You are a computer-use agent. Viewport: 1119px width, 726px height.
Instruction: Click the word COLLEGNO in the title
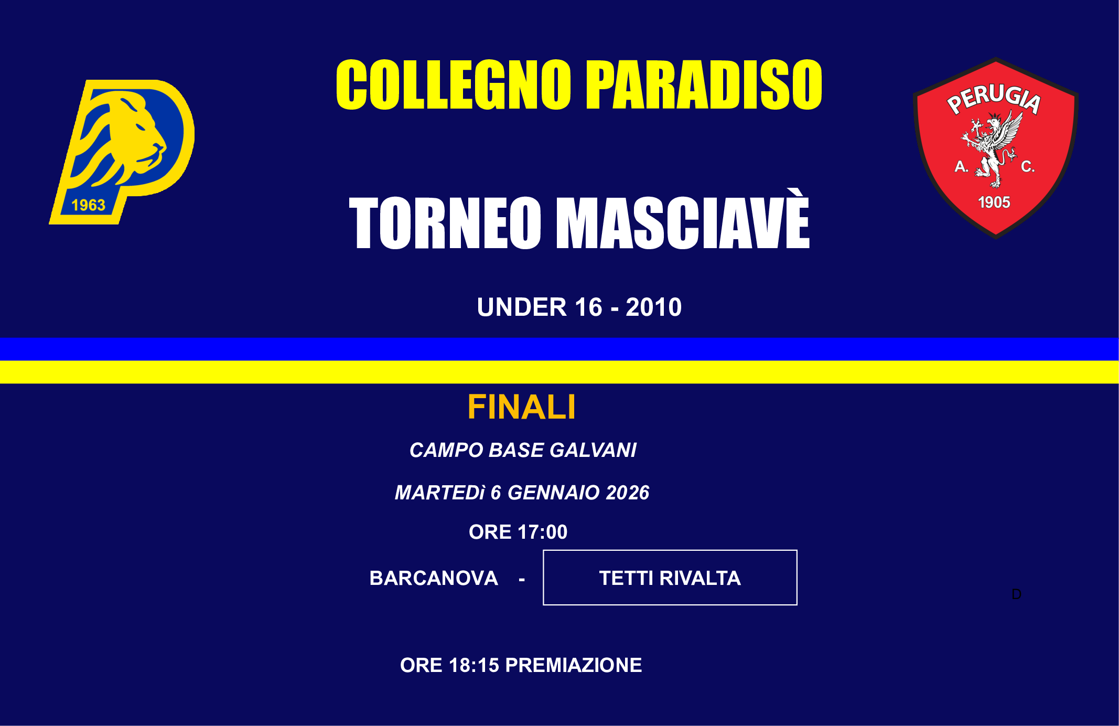tap(453, 85)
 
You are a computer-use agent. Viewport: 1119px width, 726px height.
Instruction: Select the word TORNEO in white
tap(445, 223)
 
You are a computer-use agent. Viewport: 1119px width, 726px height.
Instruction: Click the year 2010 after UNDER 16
tap(653, 307)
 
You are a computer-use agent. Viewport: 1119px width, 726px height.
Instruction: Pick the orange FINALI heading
tap(522, 408)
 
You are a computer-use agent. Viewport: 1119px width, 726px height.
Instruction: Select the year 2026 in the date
tap(628, 493)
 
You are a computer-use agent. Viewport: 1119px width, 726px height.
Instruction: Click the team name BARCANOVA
tap(434, 578)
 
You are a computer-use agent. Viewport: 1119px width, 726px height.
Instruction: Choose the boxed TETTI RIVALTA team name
tap(670, 578)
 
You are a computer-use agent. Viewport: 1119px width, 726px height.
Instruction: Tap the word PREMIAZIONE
tap(573, 665)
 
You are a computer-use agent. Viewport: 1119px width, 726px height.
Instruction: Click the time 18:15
tap(474, 665)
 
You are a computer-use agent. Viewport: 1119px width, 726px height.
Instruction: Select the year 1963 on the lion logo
tap(88, 205)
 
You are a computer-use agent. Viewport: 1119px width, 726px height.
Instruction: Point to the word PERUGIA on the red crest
tap(994, 99)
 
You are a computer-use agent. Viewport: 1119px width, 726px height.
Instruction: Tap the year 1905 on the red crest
tap(994, 202)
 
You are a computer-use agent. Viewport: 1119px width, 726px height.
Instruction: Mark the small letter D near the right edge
tap(1016, 594)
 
